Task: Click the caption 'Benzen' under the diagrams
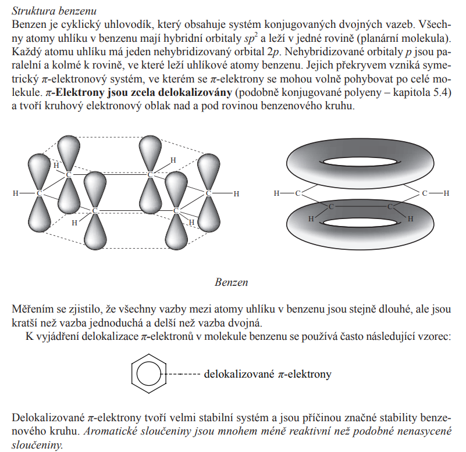pos(232,283)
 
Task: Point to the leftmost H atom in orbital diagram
pos(16,193)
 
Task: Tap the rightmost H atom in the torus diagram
pos(446,192)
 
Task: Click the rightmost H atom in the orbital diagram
pos(236,193)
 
